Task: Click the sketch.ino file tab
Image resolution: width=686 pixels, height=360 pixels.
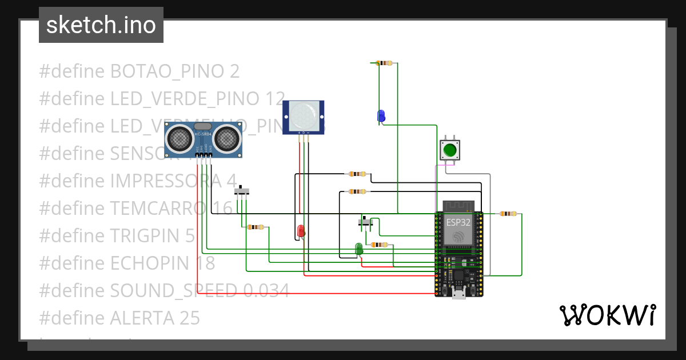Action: click(x=101, y=25)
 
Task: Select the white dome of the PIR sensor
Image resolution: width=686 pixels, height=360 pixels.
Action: click(x=304, y=115)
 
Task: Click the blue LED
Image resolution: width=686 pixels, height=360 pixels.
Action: click(x=381, y=115)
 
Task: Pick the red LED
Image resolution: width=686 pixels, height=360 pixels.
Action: click(x=301, y=231)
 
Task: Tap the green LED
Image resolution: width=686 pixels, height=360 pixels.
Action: click(x=359, y=249)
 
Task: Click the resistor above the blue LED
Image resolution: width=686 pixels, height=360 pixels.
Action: click(x=385, y=63)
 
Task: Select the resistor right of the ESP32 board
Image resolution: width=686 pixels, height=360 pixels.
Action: click(x=508, y=214)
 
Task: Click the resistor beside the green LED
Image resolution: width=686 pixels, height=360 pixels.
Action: click(x=379, y=245)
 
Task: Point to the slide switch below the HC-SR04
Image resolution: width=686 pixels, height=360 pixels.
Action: click(x=244, y=190)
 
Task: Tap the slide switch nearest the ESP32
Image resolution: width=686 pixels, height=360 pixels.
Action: click(x=366, y=222)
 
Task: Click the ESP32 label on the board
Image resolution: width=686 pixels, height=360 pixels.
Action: click(x=459, y=222)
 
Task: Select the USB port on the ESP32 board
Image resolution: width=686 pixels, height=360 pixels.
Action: click(x=459, y=294)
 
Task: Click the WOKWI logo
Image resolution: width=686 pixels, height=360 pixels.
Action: click(x=607, y=315)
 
